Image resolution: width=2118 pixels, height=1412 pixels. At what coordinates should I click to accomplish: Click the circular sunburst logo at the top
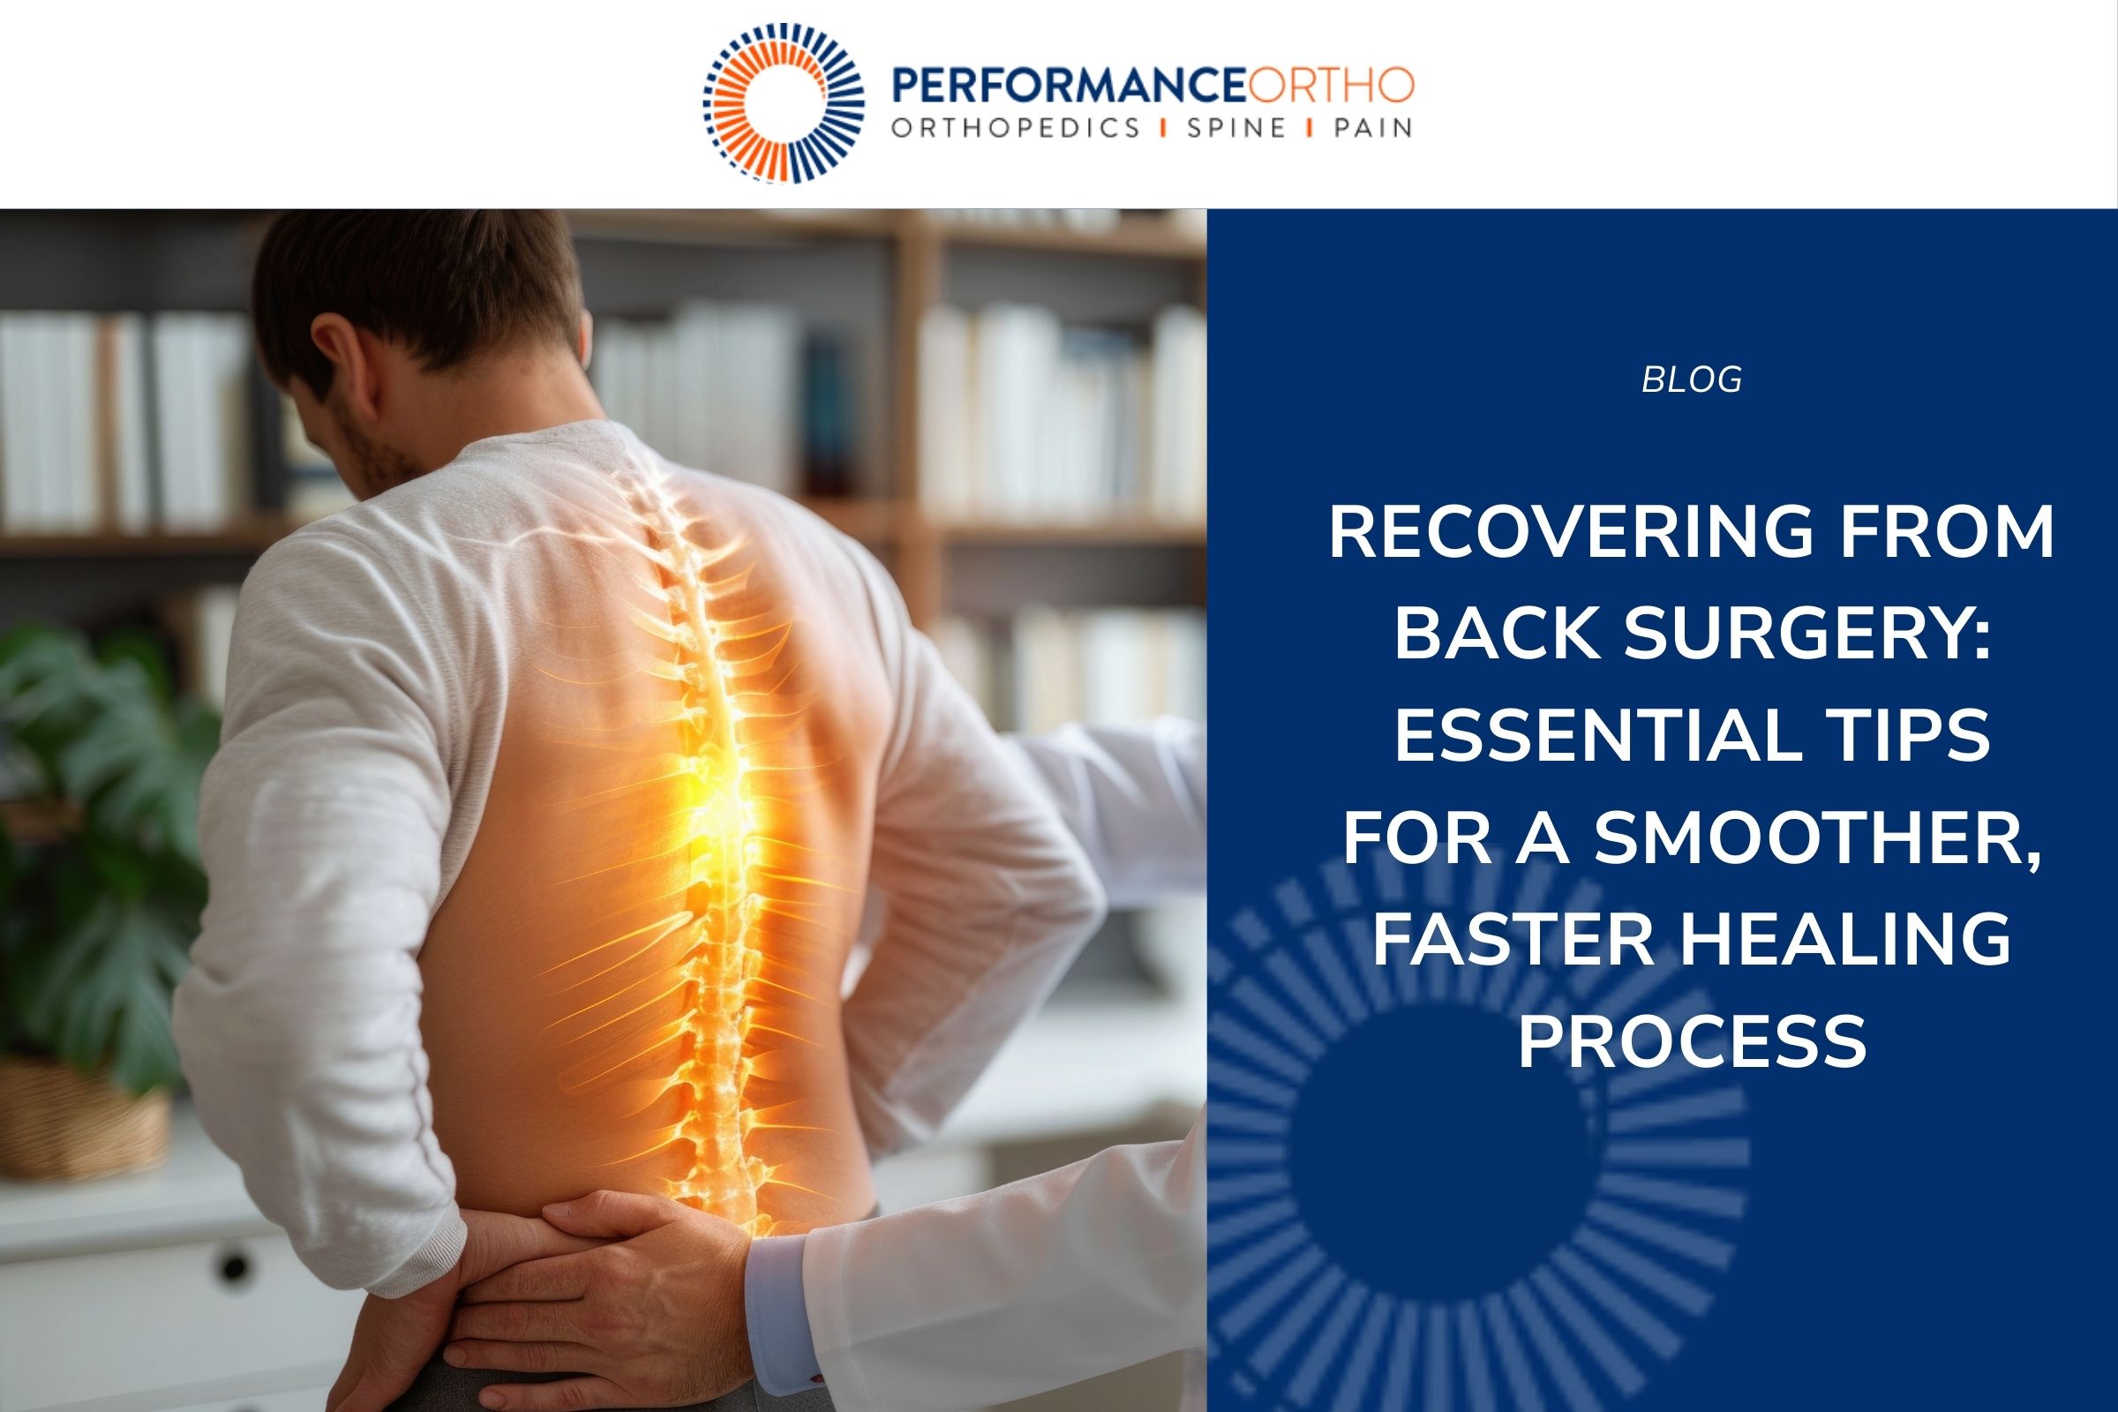click(x=783, y=102)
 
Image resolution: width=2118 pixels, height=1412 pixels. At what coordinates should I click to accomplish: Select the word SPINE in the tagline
click(x=1235, y=129)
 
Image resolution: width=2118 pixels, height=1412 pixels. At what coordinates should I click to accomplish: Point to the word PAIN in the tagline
click(x=1372, y=129)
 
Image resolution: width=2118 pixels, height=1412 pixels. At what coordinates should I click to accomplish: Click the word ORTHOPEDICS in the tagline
click(x=1016, y=129)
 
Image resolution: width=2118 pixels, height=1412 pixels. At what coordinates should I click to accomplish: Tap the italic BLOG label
click(x=1691, y=380)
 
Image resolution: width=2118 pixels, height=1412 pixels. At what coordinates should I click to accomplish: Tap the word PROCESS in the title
click(x=1692, y=1041)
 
